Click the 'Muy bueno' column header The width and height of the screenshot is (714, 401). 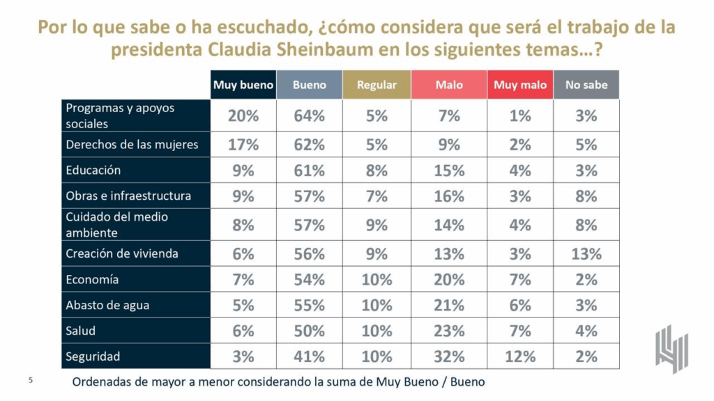[243, 85]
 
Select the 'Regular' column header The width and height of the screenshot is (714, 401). [377, 85]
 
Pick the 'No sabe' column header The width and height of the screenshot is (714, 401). [586, 85]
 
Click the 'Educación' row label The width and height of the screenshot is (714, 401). [93, 170]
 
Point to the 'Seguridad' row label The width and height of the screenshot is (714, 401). [93, 356]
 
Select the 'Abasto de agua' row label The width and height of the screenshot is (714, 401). [107, 305]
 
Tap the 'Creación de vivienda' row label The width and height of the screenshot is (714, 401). [122, 253]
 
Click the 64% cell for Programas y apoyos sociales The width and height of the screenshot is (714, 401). [310, 116]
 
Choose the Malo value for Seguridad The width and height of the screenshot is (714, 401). [449, 356]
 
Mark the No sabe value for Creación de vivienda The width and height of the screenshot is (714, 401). [586, 254]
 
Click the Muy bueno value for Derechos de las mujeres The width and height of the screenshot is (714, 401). [243, 145]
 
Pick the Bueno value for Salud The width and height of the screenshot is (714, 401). [310, 331]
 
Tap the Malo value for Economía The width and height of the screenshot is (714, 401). [449, 280]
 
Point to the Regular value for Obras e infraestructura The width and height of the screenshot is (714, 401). [377, 196]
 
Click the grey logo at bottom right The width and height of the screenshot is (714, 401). [671, 349]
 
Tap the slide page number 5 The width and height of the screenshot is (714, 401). [30, 381]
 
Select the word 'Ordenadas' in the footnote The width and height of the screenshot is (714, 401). [103, 382]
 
